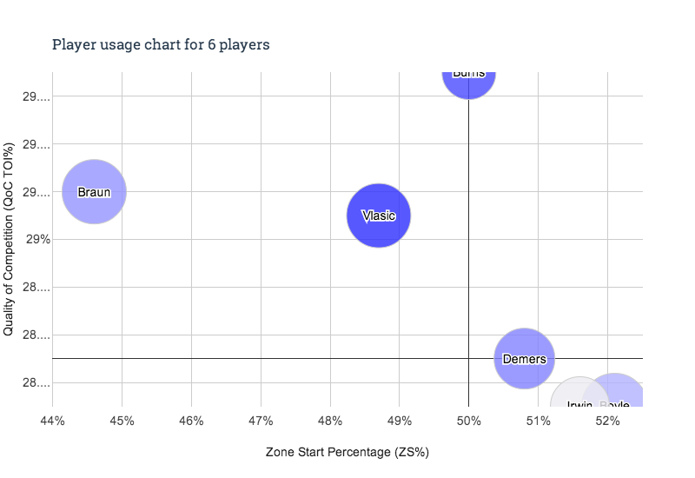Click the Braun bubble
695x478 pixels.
click(94, 192)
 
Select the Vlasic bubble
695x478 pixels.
click(378, 216)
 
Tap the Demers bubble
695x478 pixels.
click(524, 359)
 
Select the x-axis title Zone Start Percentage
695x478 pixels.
click(347, 453)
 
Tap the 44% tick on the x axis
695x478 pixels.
click(52, 422)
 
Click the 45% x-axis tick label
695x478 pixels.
click(122, 422)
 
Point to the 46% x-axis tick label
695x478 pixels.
click(191, 422)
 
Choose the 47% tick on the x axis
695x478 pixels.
click(261, 422)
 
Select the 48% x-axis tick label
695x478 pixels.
click(330, 422)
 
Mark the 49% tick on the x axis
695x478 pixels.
click(399, 422)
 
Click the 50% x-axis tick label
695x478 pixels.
click(468, 422)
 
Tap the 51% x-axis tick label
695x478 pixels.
click(539, 422)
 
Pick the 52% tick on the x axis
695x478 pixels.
click(607, 422)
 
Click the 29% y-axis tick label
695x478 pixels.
click(35, 240)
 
